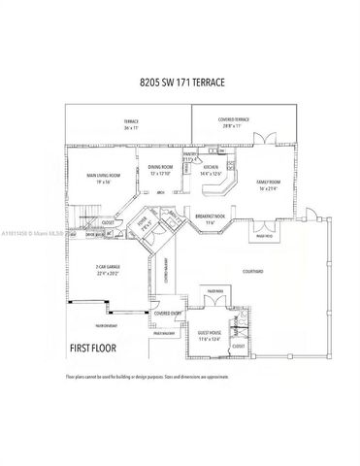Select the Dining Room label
160,170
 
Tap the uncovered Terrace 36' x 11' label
105,125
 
